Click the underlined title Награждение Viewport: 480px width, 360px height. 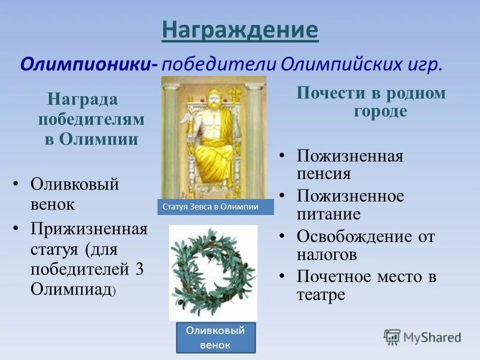(x=240, y=31)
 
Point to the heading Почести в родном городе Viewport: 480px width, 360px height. (x=370, y=102)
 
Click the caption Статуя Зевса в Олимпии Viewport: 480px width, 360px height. (x=215, y=207)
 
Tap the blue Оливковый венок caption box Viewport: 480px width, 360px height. (x=215, y=337)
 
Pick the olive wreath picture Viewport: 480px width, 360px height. (x=213, y=272)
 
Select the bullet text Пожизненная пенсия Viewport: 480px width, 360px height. (x=350, y=164)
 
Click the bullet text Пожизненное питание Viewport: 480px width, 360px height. (x=350, y=205)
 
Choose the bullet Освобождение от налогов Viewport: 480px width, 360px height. (x=365, y=245)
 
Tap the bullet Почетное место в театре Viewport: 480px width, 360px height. (x=366, y=285)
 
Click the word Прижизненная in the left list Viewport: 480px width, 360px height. (x=89, y=229)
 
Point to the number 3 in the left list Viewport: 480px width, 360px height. (x=139, y=269)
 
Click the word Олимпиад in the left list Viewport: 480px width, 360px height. (x=70, y=289)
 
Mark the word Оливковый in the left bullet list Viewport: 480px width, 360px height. (x=75, y=184)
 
